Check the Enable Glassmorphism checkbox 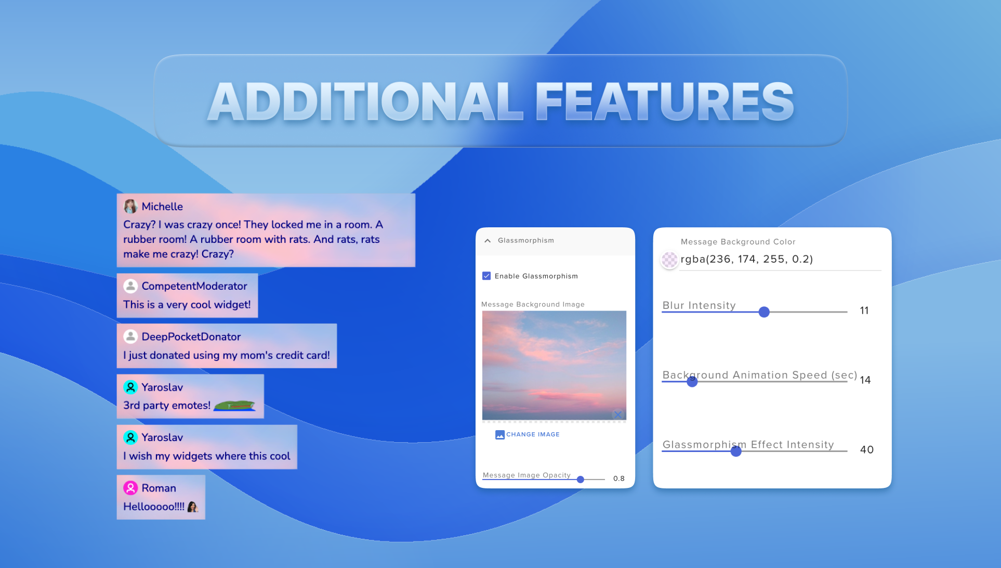(486, 276)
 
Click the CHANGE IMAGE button (528, 434)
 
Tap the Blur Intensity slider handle (764, 312)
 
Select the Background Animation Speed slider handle (692, 382)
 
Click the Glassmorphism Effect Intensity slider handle (736, 451)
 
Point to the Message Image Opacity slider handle (581, 480)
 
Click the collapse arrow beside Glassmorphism (488, 241)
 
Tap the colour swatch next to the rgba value (669, 260)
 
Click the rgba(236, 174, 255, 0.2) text (747, 259)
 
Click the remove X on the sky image (618, 414)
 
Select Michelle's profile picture (130, 206)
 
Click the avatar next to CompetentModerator (130, 286)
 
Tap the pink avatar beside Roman (130, 488)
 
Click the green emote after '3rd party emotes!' (234, 405)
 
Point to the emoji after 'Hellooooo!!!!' (193, 507)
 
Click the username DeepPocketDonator (191, 337)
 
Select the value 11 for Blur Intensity (864, 311)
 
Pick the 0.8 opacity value (619, 479)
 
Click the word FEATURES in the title (665, 101)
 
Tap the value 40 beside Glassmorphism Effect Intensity (867, 450)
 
